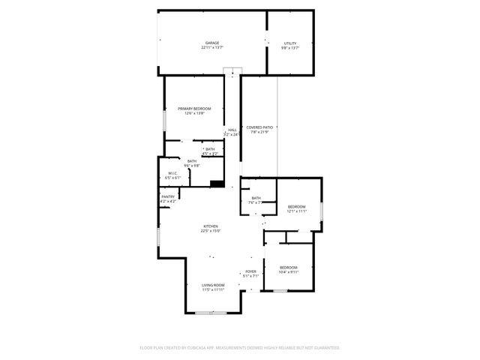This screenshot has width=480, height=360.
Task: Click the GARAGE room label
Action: pyautogui.click(x=211, y=43)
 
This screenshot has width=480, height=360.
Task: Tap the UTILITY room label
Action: pyautogui.click(x=289, y=43)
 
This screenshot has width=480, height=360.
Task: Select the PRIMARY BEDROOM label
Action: pyautogui.click(x=194, y=109)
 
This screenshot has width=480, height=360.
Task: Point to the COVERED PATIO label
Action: pyautogui.click(x=259, y=128)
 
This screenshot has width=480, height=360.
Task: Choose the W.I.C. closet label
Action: pyautogui.click(x=172, y=173)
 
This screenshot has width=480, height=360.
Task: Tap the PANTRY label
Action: pyautogui.click(x=168, y=196)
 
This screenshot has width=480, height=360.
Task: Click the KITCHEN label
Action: pyautogui.click(x=210, y=226)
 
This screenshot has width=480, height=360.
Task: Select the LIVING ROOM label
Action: pyautogui.click(x=213, y=285)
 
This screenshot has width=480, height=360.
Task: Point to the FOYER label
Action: pyautogui.click(x=250, y=271)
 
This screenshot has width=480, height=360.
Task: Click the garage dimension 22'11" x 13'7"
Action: pyautogui.click(x=211, y=48)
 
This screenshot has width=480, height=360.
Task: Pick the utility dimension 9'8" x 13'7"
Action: pyautogui.click(x=289, y=48)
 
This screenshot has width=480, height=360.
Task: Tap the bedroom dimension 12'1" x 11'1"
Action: pyautogui.click(x=296, y=211)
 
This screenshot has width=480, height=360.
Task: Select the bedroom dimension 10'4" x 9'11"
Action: pyautogui.click(x=289, y=272)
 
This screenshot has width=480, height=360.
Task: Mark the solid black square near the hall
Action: pyautogui.click(x=217, y=183)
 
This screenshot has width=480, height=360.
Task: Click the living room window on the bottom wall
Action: pyautogui.click(x=216, y=312)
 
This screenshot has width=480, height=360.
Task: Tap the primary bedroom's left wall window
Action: pyautogui.click(x=166, y=120)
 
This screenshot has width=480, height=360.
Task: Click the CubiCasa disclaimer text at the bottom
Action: pyautogui.click(x=240, y=347)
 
